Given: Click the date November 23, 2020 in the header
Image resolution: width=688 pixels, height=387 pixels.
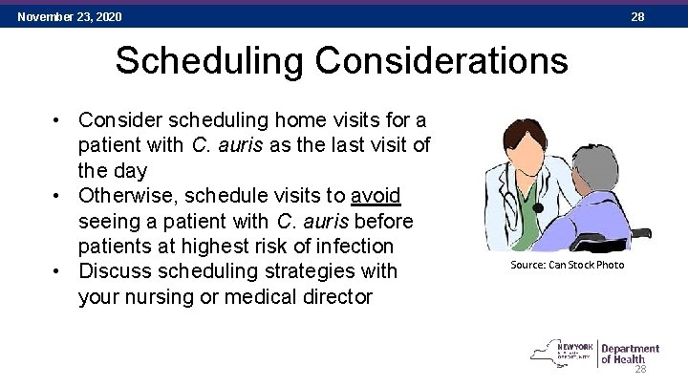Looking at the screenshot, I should click(x=70, y=17).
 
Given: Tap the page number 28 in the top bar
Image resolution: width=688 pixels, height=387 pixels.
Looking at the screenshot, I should click(x=637, y=17).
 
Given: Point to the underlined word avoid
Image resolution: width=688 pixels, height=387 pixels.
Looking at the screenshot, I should click(x=376, y=196).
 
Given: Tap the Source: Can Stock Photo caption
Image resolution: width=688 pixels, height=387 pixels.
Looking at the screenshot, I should click(x=567, y=265).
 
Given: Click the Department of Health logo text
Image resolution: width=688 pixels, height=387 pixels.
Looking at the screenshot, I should click(x=630, y=354).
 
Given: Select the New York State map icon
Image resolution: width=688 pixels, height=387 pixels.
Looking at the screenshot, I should click(x=548, y=353).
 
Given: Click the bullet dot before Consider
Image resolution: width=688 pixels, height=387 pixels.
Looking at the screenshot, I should click(x=58, y=121).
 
